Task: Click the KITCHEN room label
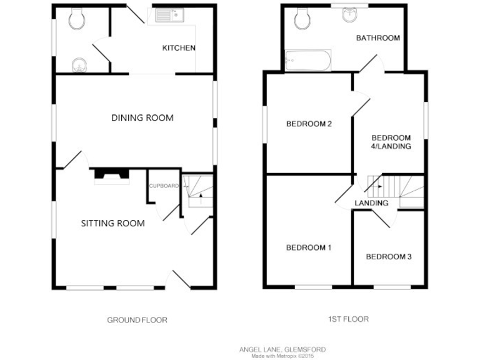tap(179, 48)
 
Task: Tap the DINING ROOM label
tap(142, 117)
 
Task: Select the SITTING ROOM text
tap(113, 223)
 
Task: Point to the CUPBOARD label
tap(164, 186)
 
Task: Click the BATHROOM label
tap(377, 38)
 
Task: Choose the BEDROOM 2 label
tap(308, 124)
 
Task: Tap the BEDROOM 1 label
tap(308, 247)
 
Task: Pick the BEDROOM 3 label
tap(388, 256)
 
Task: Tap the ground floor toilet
tap(78, 20)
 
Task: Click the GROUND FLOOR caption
tap(137, 319)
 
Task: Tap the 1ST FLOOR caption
tap(348, 319)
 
